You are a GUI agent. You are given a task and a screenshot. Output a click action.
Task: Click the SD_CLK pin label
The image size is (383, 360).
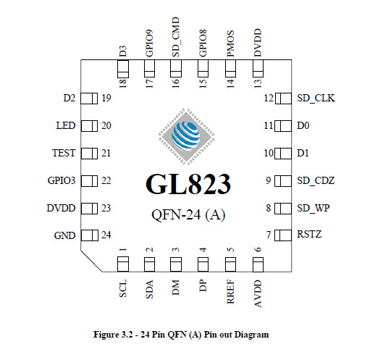tap(316, 99)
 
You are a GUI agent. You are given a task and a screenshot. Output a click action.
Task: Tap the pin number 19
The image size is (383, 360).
tap(106, 98)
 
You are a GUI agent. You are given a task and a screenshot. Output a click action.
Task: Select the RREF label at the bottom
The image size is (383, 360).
tap(230, 292)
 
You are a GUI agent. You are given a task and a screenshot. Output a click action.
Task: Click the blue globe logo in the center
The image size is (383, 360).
tap(185, 135)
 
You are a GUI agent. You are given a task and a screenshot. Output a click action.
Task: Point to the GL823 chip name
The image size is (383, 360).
tap(188, 184)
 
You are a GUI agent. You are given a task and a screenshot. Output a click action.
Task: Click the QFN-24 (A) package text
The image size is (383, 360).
tap(188, 215)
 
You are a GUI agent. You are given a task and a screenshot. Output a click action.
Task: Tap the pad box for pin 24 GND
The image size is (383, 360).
tap(89, 235)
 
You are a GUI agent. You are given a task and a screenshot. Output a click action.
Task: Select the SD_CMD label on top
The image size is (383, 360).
tap(176, 37)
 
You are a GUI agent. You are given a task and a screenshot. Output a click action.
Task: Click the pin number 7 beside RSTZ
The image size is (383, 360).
tap(269, 235)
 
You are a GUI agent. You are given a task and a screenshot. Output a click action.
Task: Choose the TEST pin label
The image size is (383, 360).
tap(64, 153)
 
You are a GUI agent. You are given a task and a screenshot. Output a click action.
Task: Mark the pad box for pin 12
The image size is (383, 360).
tap(283, 99)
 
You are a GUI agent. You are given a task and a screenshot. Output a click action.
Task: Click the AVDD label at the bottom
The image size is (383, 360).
tap(258, 293)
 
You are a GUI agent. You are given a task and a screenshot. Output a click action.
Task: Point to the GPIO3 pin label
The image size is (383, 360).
tap(62, 180)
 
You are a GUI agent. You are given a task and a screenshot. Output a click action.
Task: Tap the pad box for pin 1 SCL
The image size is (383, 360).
tap(123, 264)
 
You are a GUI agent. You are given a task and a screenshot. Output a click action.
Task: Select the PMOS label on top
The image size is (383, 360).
tap(230, 43)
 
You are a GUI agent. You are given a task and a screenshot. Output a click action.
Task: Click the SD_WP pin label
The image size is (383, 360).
tap(313, 209)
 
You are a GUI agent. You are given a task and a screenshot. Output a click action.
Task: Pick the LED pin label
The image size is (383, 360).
tap(66, 125)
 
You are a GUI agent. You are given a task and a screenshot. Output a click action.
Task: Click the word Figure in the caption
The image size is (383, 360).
tap(106, 335)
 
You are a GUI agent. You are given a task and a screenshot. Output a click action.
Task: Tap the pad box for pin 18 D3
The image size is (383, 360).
tap(123, 69)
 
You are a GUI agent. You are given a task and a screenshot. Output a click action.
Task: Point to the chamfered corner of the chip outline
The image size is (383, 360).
tap(91, 261)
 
